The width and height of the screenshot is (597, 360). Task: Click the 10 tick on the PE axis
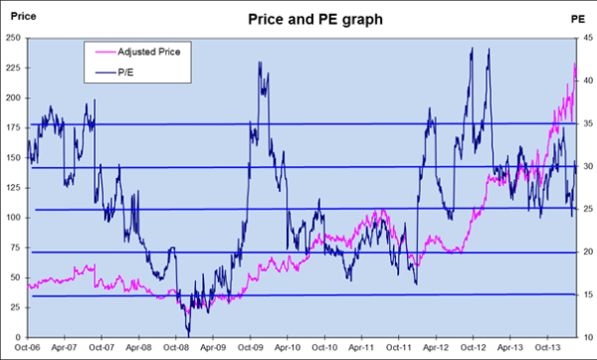tap(583, 338)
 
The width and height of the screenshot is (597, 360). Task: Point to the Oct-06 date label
tap(29, 349)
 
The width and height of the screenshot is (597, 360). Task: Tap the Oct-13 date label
tap(548, 349)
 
